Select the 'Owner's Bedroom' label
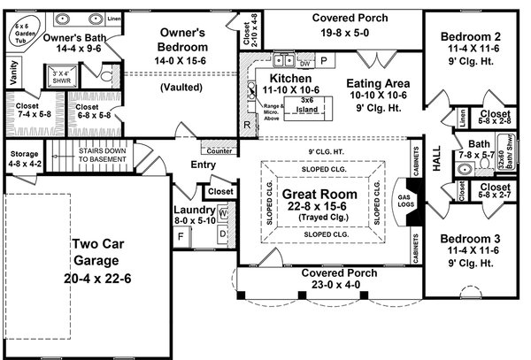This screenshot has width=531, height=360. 184,40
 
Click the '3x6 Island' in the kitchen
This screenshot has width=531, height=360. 306,104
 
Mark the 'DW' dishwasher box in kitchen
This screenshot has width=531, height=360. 304,63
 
